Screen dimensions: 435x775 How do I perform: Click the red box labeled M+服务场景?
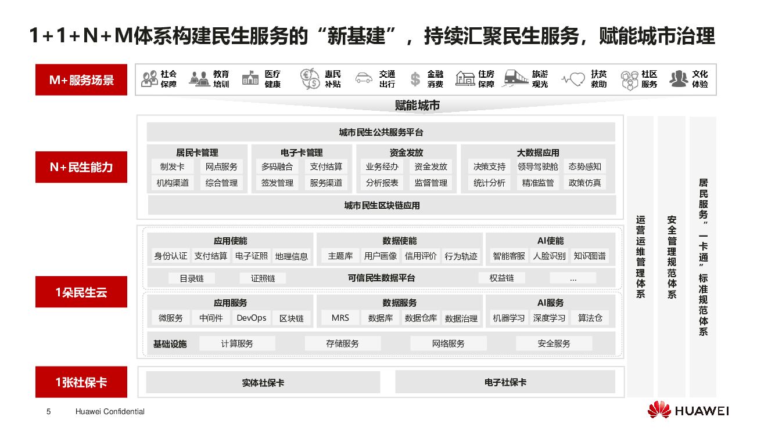[x=81, y=79]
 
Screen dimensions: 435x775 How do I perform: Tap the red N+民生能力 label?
[x=81, y=167]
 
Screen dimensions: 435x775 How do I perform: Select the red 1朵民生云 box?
[x=81, y=292]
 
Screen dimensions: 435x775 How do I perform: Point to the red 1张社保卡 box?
[x=81, y=382]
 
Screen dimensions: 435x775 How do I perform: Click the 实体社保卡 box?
[x=263, y=383]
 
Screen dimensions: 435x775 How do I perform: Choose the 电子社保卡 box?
[x=505, y=382]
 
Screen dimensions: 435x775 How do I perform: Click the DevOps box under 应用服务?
[x=252, y=318]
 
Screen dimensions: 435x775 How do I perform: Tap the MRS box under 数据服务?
[x=340, y=318]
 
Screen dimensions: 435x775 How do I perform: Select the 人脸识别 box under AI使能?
[x=549, y=256]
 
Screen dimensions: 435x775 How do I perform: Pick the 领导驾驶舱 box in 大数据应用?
[x=537, y=166]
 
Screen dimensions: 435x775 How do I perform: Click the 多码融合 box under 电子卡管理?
[x=277, y=166]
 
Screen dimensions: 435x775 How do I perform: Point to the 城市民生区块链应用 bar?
[x=382, y=205]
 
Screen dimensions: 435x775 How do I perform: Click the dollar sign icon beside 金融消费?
[x=415, y=79]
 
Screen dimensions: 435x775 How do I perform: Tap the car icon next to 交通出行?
[x=364, y=78]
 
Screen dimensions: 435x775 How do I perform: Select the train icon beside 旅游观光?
[x=516, y=78]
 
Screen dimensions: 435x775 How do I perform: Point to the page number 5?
[x=49, y=412]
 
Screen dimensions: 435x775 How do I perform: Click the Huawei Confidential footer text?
[x=110, y=412]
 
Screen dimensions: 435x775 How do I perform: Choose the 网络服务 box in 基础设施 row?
[x=448, y=343]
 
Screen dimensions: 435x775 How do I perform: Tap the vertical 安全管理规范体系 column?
[x=672, y=256]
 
